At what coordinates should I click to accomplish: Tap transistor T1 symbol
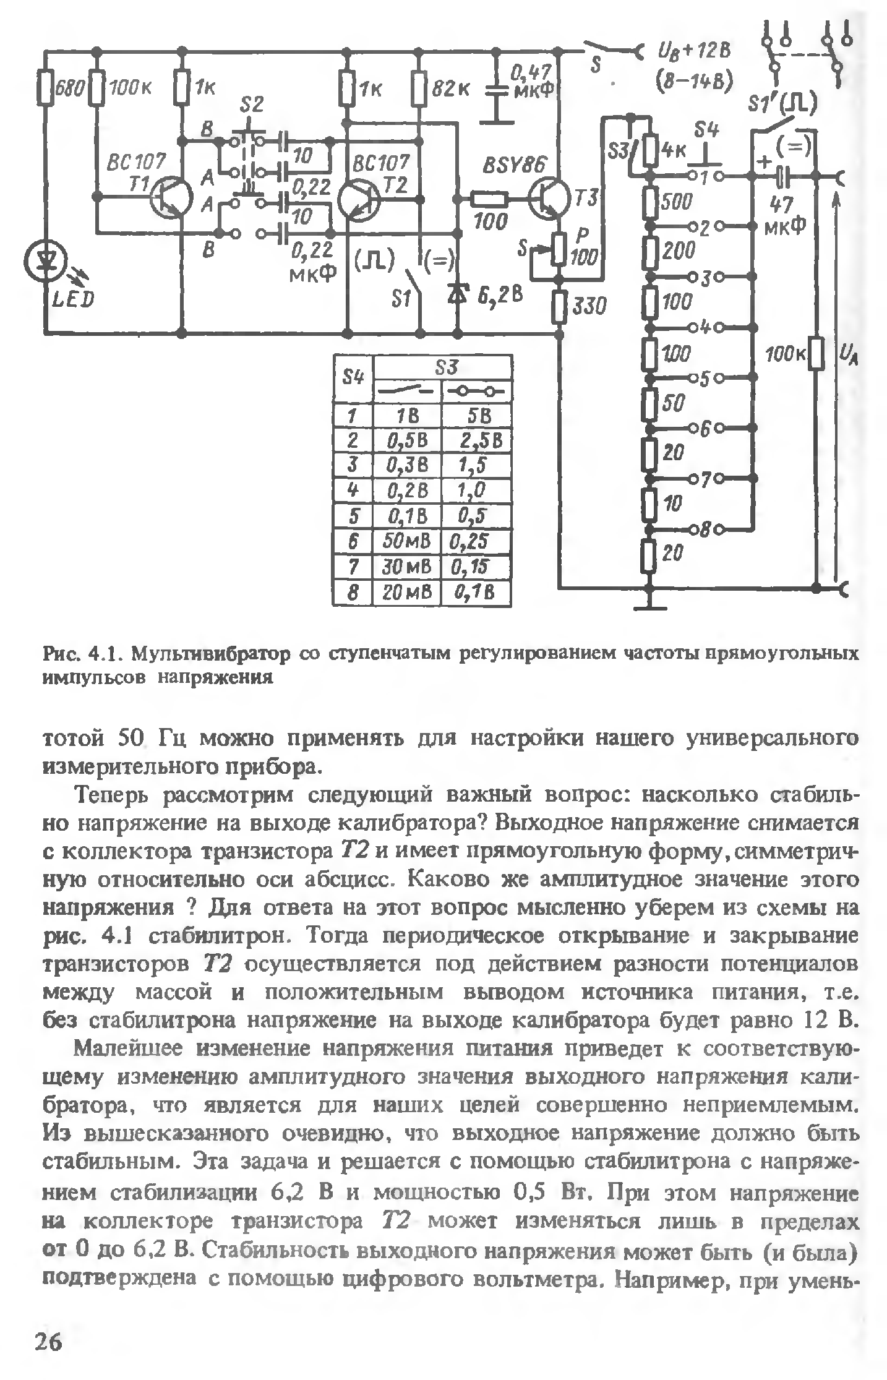tap(170, 198)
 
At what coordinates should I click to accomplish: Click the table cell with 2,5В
tap(478, 440)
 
